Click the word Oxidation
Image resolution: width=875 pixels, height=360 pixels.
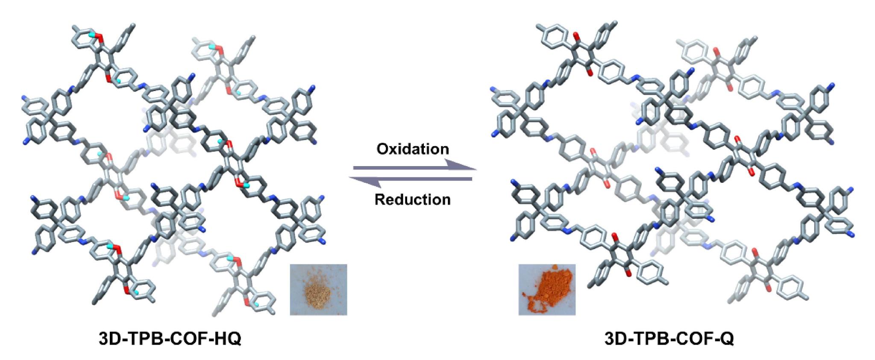pyautogui.click(x=412, y=149)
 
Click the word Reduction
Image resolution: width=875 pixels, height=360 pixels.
pyautogui.click(x=412, y=199)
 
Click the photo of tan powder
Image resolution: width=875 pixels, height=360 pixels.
pyautogui.click(x=318, y=290)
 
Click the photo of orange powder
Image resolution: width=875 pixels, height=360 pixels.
pyautogui.click(x=547, y=290)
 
